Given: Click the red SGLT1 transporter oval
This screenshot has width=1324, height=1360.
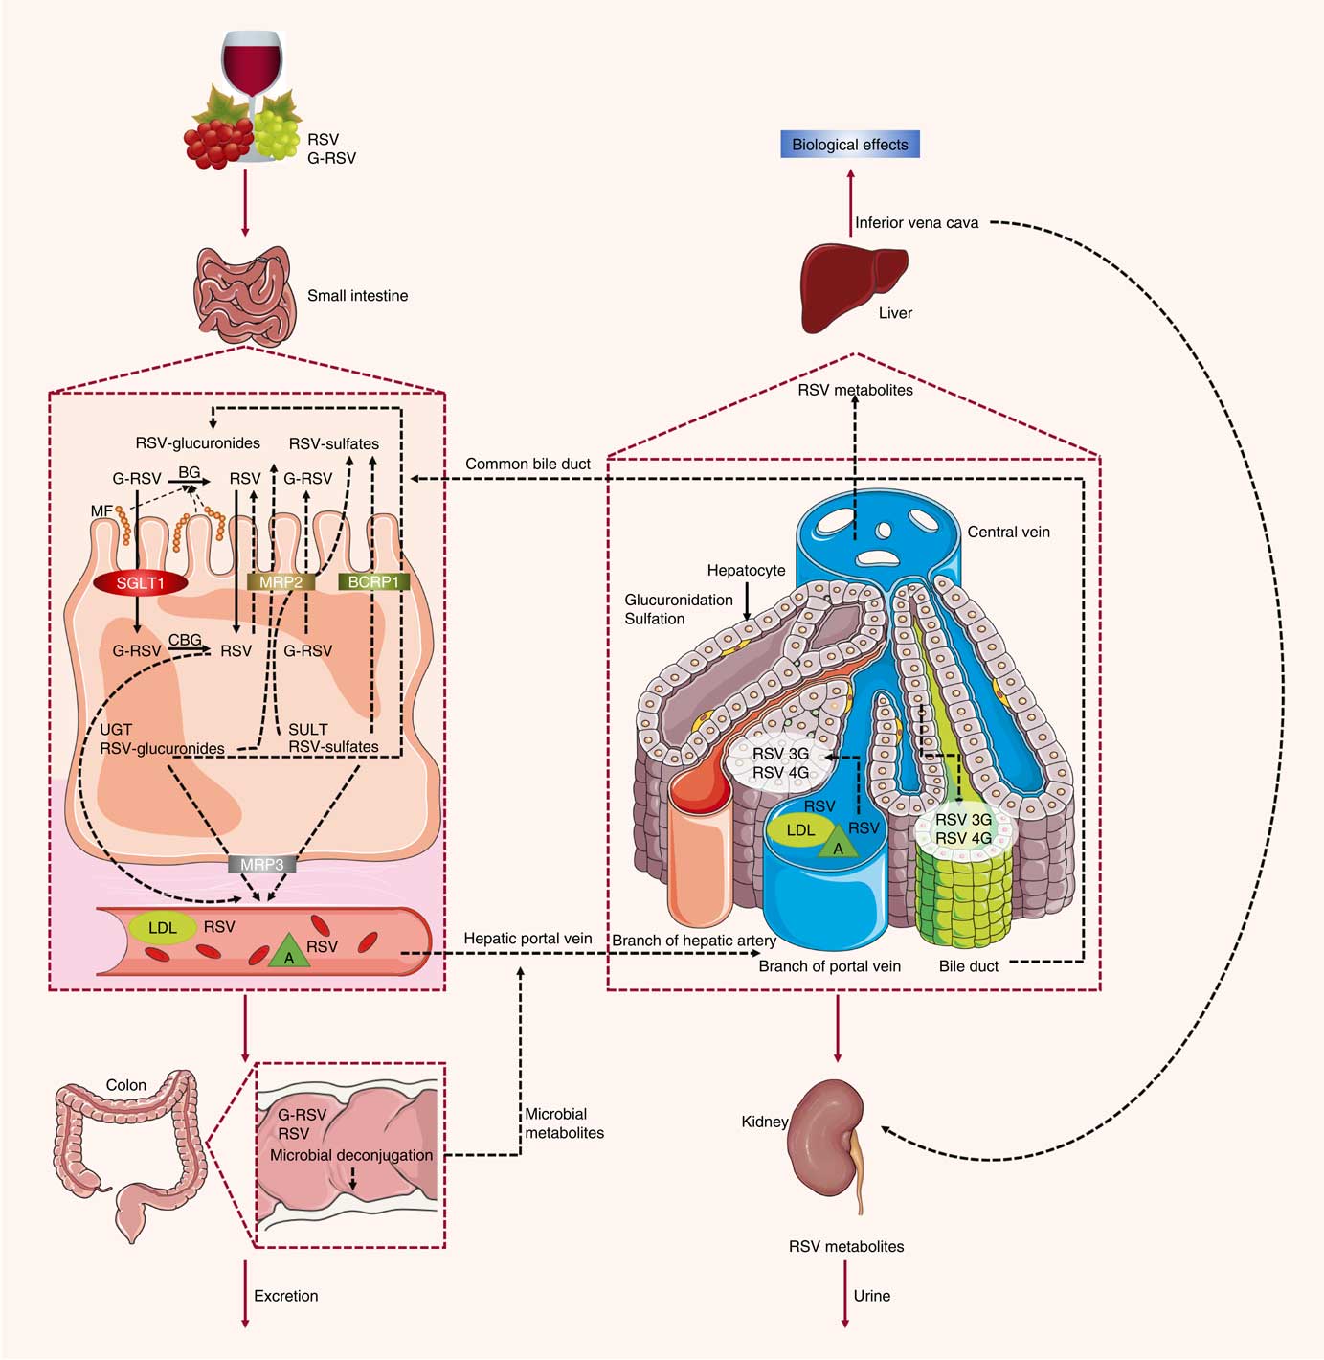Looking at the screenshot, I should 141,582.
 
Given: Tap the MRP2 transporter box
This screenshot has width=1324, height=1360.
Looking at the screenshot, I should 281,581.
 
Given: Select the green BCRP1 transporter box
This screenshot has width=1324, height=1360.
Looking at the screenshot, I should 373,581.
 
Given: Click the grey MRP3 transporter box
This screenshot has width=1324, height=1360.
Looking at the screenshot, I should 261,864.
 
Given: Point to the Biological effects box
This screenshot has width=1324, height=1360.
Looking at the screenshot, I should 849,145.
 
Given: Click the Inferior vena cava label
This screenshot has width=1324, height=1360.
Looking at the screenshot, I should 916,223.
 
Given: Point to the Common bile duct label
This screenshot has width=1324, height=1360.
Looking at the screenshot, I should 527,464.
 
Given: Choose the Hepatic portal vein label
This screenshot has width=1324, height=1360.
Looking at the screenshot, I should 527,939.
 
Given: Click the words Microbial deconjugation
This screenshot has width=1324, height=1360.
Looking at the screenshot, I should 351,1155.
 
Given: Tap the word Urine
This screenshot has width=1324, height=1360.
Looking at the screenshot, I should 871,1296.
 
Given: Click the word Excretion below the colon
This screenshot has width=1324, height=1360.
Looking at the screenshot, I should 285,1296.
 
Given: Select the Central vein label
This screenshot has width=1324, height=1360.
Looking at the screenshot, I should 1008,532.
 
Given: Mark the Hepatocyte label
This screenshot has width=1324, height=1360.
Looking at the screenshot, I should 746,570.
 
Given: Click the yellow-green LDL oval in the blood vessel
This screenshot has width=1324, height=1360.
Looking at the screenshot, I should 163,927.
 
